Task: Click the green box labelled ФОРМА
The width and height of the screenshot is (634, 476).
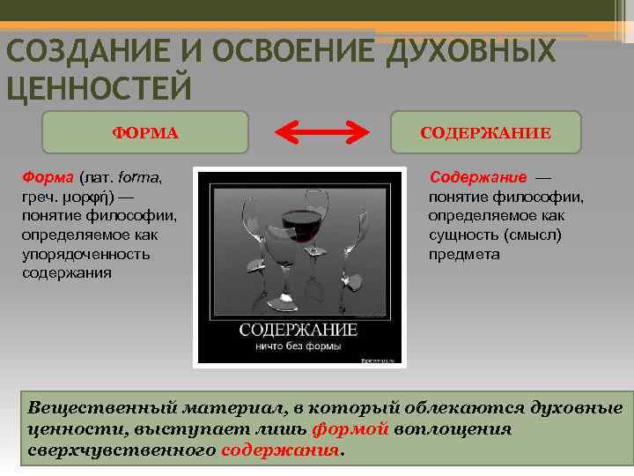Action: pyautogui.click(x=145, y=133)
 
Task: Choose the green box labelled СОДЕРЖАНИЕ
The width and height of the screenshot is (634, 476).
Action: pyautogui.click(x=485, y=133)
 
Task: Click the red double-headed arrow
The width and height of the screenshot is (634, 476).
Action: pyautogui.click(x=321, y=133)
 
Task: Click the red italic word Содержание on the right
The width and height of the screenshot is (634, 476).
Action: pyautogui.click(x=478, y=177)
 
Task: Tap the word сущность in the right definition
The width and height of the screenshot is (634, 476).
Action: pyautogui.click(x=463, y=235)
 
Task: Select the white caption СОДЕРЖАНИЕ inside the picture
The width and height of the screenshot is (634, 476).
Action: pyautogui.click(x=299, y=330)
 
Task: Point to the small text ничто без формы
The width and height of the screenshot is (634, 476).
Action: pyautogui.click(x=299, y=346)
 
